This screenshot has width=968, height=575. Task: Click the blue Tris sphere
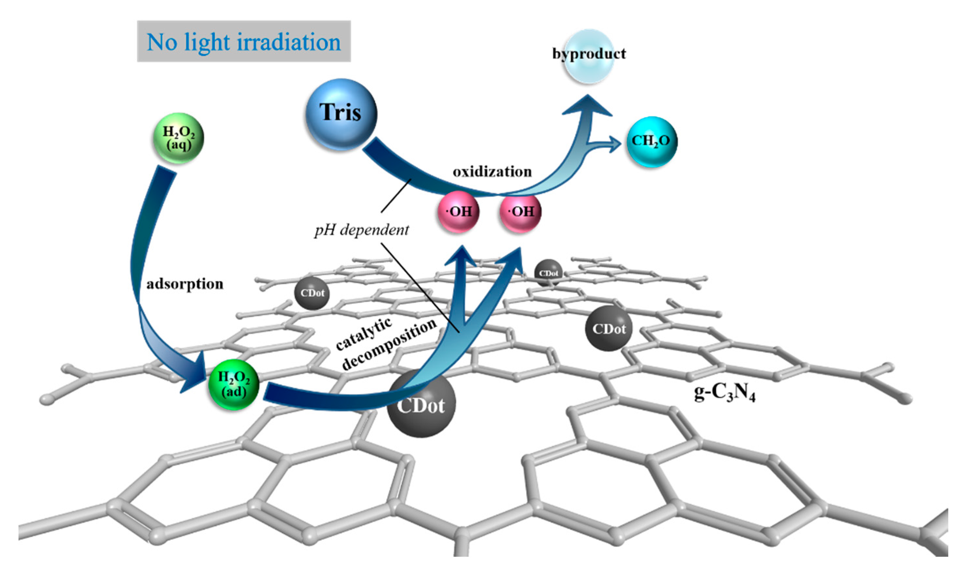click(341, 114)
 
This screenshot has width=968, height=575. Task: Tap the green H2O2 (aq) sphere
click(178, 138)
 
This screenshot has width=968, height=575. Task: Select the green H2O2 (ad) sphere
click(233, 385)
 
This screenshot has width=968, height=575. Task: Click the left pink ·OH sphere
click(458, 212)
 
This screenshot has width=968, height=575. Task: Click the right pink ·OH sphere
click(520, 212)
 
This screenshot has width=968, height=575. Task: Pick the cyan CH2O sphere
click(652, 142)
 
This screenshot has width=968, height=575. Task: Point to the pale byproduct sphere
click(589, 56)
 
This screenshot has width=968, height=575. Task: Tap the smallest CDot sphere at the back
click(549, 273)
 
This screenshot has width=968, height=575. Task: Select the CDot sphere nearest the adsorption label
click(312, 293)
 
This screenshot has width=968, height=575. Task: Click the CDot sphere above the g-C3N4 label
click(609, 328)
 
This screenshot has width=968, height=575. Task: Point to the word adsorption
click(185, 284)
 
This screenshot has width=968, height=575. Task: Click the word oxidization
click(492, 171)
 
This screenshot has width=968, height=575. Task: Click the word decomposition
click(389, 345)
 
